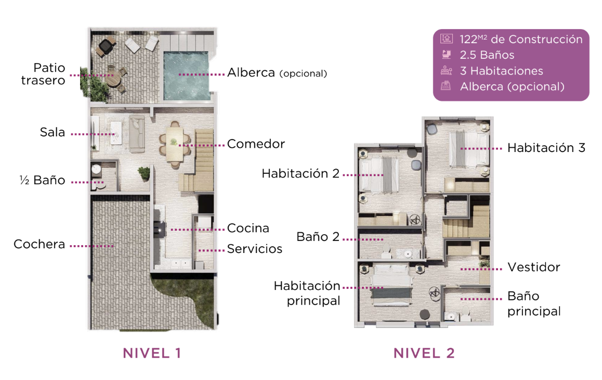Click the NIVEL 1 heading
point(152,353)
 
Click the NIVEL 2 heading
point(424,353)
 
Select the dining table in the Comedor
point(175,144)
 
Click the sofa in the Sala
point(137,135)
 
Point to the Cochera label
point(39,244)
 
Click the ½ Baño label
point(42,180)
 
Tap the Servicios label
point(255,249)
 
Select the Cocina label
point(248,228)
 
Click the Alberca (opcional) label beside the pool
point(277,73)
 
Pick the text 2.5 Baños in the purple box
point(487,55)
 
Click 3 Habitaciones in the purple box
point(502,71)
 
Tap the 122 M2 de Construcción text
point(521,39)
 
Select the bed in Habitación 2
point(379,174)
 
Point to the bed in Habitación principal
point(391,285)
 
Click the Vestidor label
point(534,268)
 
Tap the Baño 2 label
point(318,237)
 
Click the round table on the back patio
point(113,80)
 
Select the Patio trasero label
point(43,74)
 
